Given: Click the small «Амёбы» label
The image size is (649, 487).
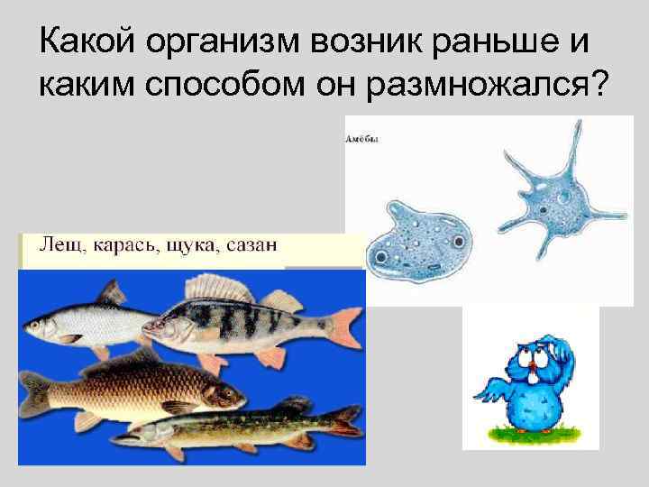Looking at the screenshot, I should click(x=362, y=139).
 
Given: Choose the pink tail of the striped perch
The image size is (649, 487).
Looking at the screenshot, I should click(x=343, y=326).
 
